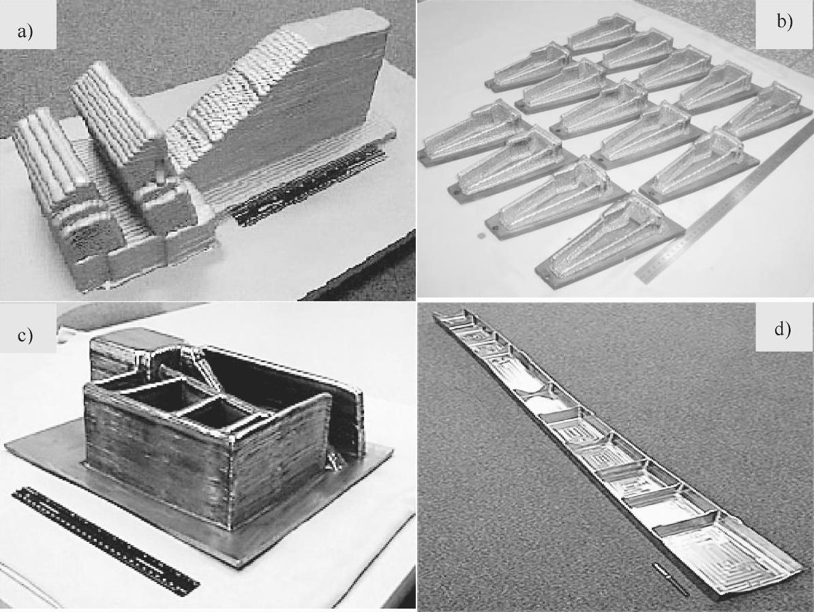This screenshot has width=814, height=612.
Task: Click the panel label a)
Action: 25,32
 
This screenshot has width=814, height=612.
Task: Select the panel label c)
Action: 25,335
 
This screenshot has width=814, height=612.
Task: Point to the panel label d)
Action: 783,329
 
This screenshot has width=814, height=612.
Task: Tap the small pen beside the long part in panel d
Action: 671,578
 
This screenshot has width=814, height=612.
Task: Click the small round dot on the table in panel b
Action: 481,236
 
